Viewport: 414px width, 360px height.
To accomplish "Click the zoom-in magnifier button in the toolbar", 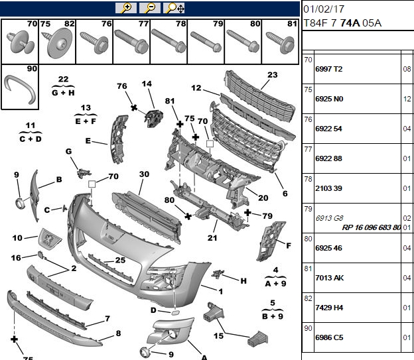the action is point(126,8).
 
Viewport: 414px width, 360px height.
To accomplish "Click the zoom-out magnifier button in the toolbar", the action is point(150,8).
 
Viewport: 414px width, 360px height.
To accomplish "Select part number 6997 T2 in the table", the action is point(328,69).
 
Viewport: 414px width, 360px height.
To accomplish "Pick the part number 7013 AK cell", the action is point(330,278).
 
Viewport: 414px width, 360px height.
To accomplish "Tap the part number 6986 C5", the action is point(329,337).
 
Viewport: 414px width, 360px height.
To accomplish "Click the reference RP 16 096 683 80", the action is point(372,227).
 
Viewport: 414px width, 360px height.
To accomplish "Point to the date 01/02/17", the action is point(324,9).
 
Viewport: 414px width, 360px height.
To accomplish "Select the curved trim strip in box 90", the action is point(20,88).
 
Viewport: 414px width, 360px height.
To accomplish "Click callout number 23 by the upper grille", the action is point(273,75).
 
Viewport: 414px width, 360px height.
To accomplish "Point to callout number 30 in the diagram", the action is point(144,174).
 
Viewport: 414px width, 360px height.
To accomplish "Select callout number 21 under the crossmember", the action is point(212,238).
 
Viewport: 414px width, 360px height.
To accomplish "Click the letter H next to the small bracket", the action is point(243,281).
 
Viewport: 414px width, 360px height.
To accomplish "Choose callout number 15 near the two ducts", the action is point(219,336).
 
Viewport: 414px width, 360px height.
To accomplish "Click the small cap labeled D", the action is point(175,313).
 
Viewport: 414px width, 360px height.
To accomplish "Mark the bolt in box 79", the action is point(206,42).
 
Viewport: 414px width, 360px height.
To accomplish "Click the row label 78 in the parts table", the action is point(308,179).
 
